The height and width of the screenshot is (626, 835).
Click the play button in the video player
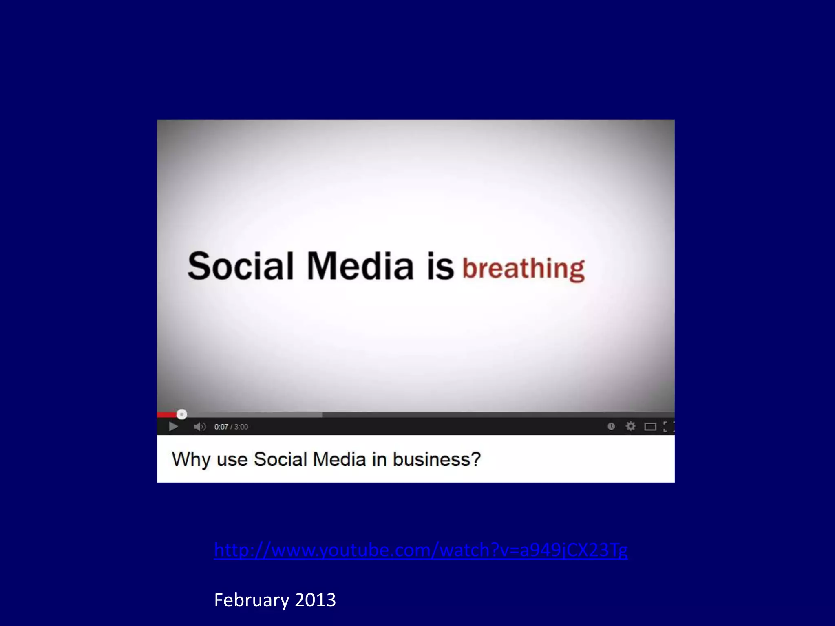(x=173, y=427)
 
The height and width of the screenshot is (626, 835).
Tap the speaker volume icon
(x=199, y=427)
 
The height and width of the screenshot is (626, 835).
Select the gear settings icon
(x=630, y=426)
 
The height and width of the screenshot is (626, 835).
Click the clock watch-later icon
(x=611, y=426)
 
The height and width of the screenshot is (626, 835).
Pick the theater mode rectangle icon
(x=650, y=427)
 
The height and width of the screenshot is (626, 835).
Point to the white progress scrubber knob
(x=182, y=414)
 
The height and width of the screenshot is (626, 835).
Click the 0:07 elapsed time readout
(x=221, y=427)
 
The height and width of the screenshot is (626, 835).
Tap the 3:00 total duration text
(x=241, y=427)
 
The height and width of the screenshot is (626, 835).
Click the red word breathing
(x=524, y=269)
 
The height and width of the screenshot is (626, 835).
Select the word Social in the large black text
(x=240, y=266)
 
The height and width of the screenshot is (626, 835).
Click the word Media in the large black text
(x=360, y=266)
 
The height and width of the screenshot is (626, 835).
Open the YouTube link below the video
(x=420, y=550)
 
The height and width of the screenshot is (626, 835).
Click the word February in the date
(x=251, y=600)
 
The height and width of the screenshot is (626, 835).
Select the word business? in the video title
(x=437, y=460)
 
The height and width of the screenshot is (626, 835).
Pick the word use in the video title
(x=232, y=460)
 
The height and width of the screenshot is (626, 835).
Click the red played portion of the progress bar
(x=166, y=415)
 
